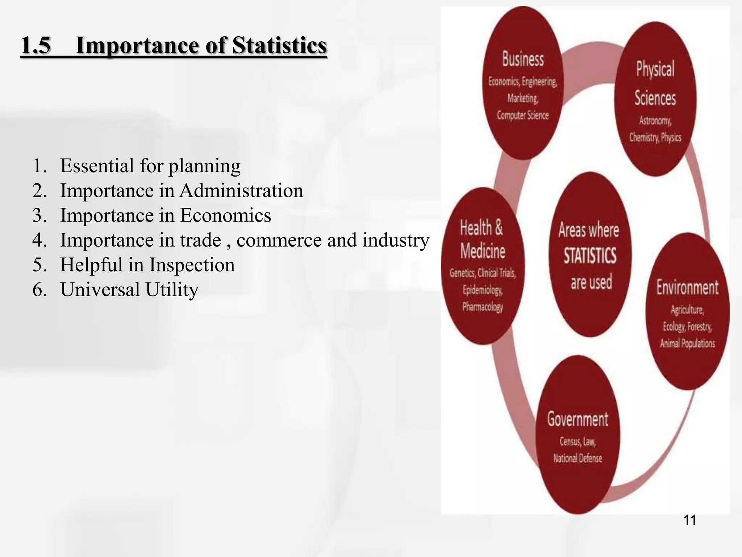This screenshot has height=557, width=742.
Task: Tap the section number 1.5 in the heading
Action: click(36, 46)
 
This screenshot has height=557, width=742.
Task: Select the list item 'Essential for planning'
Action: click(150, 166)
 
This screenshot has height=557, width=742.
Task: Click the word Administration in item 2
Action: click(241, 190)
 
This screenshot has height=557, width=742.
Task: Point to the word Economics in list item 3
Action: click(225, 215)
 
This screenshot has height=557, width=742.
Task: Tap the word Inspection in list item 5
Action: click(192, 265)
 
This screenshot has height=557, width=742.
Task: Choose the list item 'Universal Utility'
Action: click(129, 289)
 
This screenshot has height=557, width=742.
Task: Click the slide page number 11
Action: click(689, 520)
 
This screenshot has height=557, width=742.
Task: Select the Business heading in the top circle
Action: click(523, 59)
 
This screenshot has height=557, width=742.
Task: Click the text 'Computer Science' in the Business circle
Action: click(523, 115)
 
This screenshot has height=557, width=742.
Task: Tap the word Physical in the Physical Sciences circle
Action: click(655, 69)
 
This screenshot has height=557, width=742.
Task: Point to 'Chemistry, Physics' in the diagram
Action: click(655, 137)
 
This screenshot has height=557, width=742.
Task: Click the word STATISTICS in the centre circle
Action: click(590, 255)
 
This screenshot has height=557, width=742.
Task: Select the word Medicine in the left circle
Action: click(483, 251)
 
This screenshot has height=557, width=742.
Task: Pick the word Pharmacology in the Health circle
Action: click(483, 307)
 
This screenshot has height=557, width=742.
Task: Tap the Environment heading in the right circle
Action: click(687, 288)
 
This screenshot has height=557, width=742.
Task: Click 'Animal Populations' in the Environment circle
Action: click(687, 343)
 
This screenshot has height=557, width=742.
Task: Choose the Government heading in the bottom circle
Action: click(578, 419)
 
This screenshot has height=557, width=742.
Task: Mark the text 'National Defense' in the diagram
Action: click(578, 458)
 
